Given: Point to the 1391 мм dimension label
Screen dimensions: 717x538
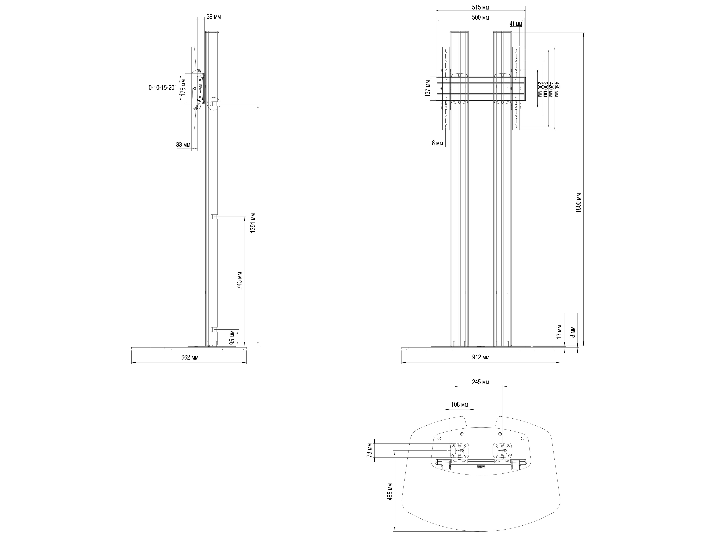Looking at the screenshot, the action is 253,223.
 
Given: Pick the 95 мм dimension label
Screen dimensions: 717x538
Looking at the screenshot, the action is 232,338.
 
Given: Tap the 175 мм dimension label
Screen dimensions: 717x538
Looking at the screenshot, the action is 183,88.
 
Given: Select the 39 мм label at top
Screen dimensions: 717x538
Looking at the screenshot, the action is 214,16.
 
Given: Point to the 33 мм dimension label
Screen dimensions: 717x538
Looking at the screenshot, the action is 183,145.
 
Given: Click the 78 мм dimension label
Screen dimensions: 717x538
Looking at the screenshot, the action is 369,450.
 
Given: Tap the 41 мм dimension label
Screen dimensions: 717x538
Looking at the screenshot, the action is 516,24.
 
